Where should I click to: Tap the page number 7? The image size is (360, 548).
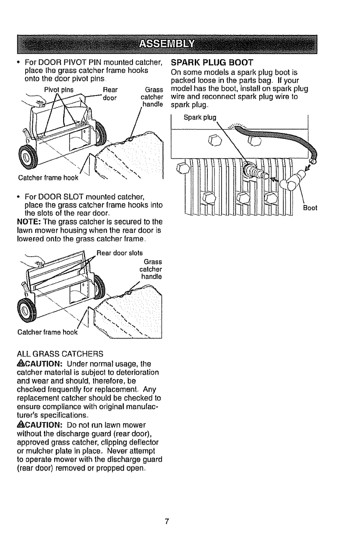(x=167, y=521)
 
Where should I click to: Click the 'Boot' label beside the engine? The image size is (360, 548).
(x=310, y=208)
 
